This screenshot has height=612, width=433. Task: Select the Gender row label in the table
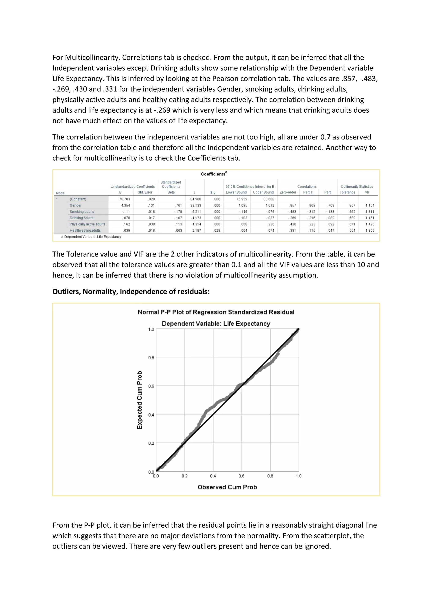click(75, 205)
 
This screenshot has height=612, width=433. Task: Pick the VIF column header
click(367, 192)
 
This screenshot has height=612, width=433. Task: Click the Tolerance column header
click(347, 192)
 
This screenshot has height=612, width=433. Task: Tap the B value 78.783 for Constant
click(125, 199)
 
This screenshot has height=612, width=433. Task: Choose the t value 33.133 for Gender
click(196, 205)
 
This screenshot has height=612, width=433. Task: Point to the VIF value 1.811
click(370, 212)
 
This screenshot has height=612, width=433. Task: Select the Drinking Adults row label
click(81, 218)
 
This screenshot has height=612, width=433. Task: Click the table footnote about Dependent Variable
click(91, 237)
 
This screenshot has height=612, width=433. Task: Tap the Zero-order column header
click(288, 192)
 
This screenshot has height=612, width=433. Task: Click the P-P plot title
click(216, 312)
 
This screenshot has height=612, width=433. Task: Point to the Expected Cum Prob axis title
click(140, 400)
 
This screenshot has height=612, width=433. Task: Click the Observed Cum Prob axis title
click(227, 487)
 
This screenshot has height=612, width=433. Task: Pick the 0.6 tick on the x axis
click(241, 476)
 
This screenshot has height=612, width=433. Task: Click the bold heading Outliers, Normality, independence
click(131, 292)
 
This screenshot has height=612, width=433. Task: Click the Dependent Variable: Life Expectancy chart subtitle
click(216, 324)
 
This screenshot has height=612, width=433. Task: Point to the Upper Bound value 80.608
click(269, 199)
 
